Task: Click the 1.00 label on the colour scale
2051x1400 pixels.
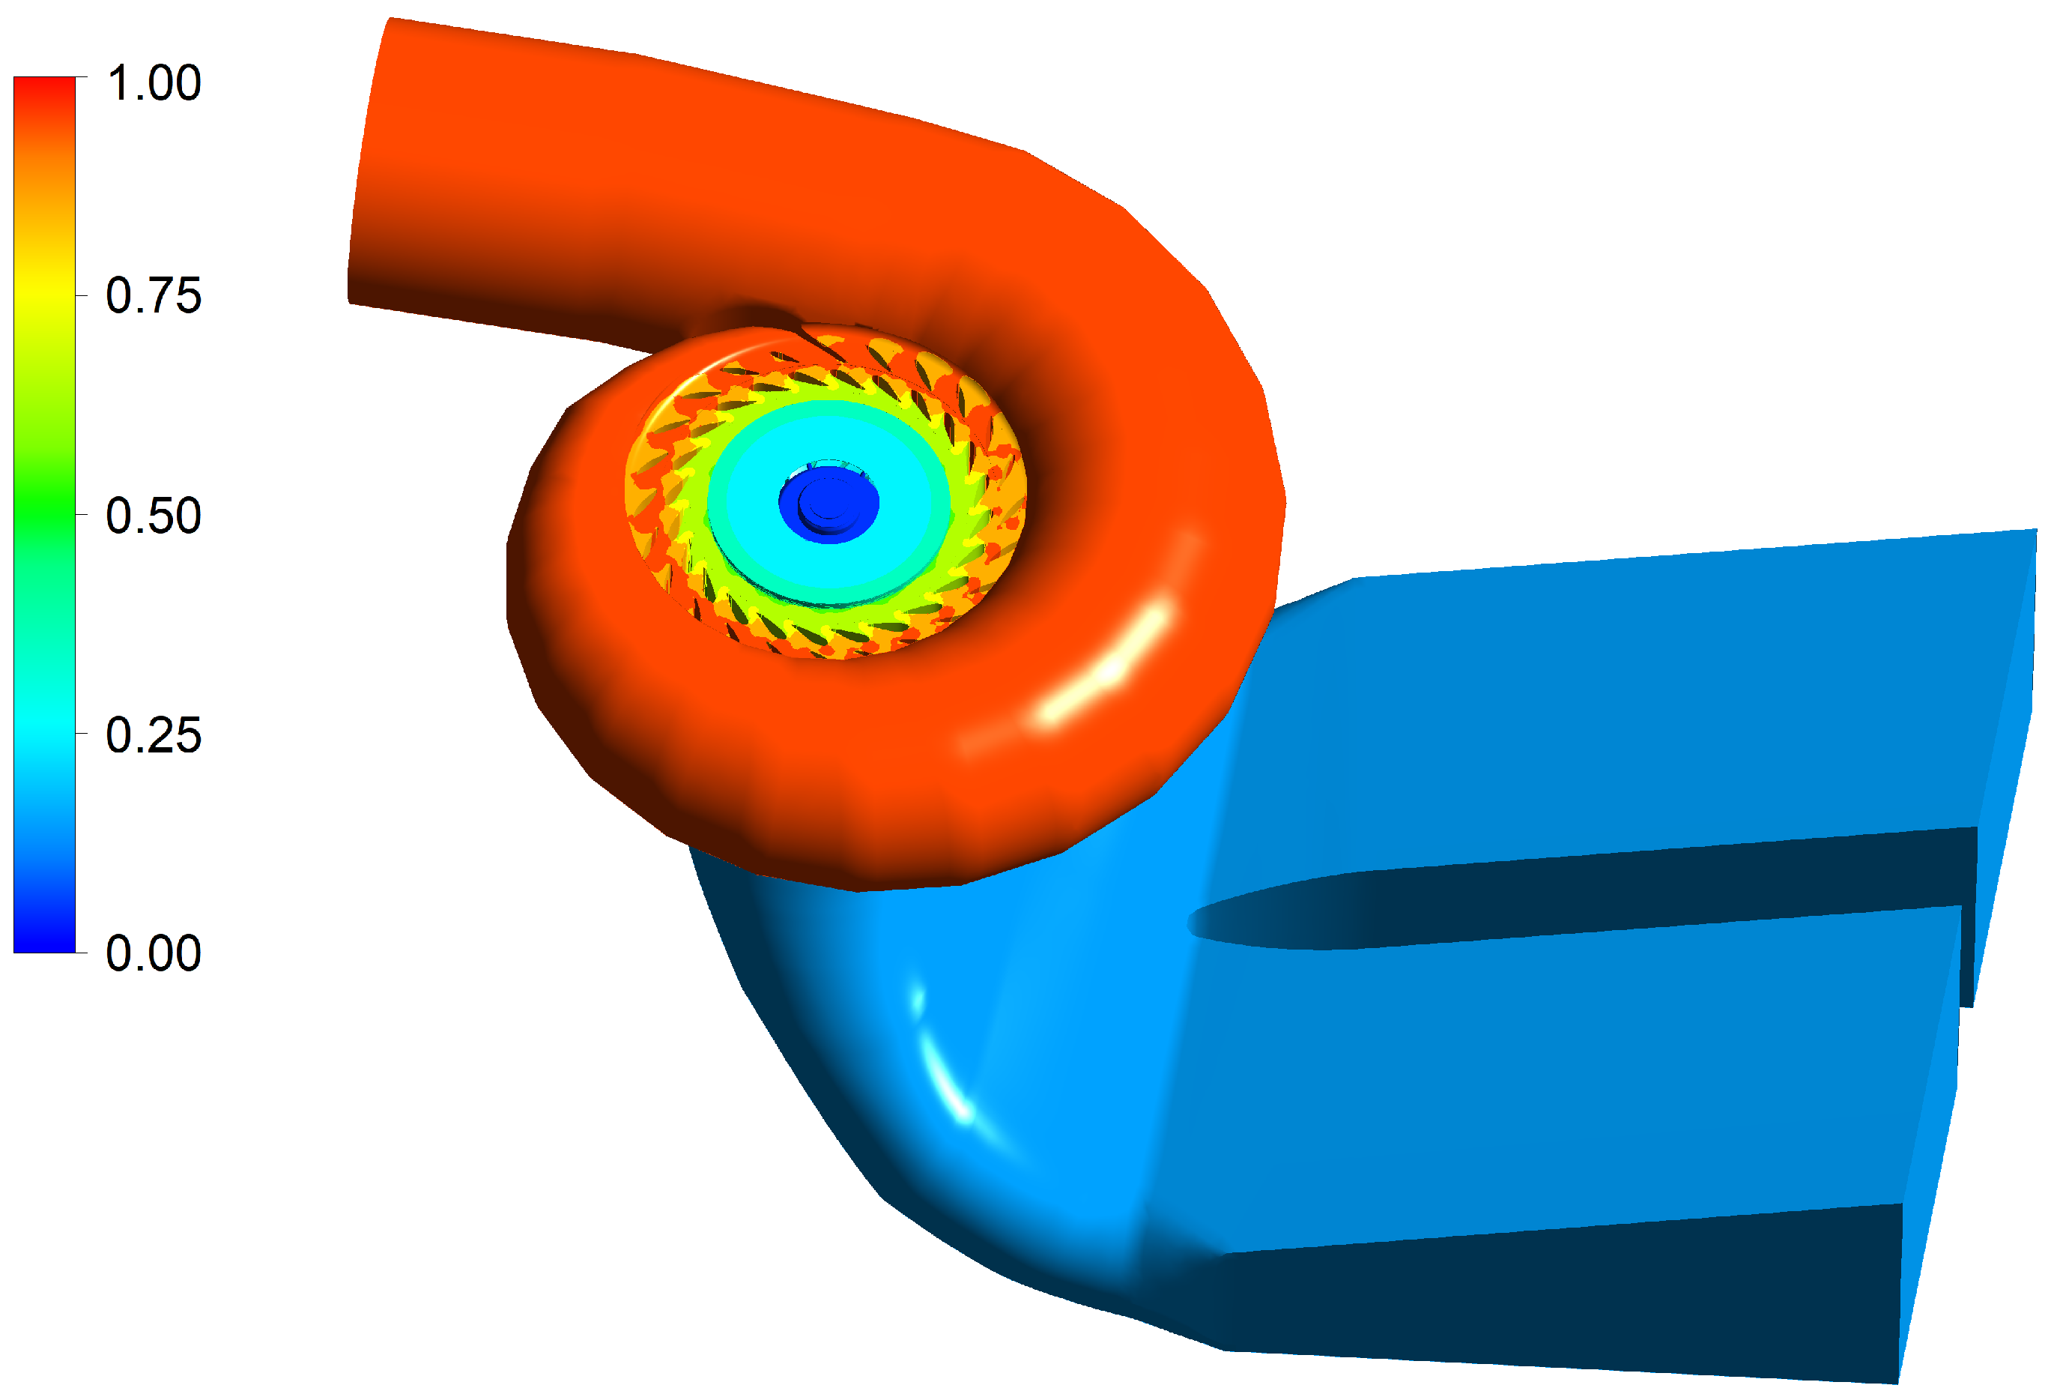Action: pos(154,84)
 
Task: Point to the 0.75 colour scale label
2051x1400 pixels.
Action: pos(154,296)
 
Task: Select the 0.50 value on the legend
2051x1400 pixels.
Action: pos(154,516)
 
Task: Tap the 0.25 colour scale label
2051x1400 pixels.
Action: pos(154,735)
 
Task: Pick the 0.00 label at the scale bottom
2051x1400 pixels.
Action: pos(154,953)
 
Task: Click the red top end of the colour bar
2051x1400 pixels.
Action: pos(44,88)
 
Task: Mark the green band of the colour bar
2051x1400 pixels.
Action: pos(44,512)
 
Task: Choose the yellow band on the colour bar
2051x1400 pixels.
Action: pos(44,292)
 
